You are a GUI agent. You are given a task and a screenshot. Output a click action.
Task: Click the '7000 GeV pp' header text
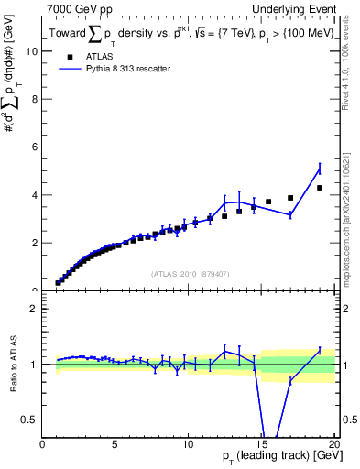point(75,9)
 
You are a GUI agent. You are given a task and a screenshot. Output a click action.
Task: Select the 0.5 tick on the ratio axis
point(30,420)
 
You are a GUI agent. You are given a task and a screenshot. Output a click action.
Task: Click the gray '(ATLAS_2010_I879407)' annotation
point(189,272)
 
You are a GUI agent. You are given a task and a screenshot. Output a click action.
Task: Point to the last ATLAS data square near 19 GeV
point(320,188)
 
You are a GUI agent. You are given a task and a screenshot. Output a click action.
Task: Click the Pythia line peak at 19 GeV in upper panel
point(320,168)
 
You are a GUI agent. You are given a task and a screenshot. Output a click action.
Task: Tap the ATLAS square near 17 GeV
point(290,198)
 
